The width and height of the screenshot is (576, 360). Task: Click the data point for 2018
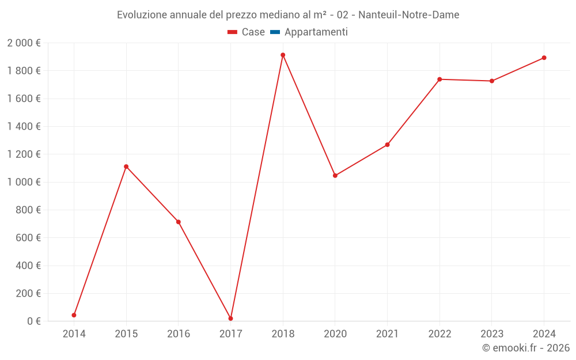[x=283, y=55]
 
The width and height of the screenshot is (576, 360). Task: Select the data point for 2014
[x=74, y=315]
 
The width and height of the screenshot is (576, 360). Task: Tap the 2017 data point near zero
[x=230, y=319]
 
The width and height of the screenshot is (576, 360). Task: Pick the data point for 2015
[x=126, y=166]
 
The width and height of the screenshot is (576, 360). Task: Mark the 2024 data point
[x=544, y=58]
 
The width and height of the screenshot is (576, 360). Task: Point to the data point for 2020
[x=335, y=176]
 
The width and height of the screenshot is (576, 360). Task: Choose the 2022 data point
[x=439, y=79]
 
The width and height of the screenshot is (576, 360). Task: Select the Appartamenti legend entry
[x=316, y=32]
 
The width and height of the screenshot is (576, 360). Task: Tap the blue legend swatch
[x=275, y=32]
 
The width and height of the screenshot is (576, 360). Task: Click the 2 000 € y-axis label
[x=24, y=43]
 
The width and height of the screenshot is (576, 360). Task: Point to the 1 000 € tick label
[x=24, y=182]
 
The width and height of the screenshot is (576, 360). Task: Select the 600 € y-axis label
[x=28, y=238]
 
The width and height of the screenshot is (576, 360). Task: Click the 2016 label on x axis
[x=179, y=334]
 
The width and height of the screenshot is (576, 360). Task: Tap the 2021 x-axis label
[x=387, y=334]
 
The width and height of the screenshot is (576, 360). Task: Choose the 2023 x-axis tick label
[x=491, y=334]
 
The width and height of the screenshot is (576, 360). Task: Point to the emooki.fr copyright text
[x=526, y=348]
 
